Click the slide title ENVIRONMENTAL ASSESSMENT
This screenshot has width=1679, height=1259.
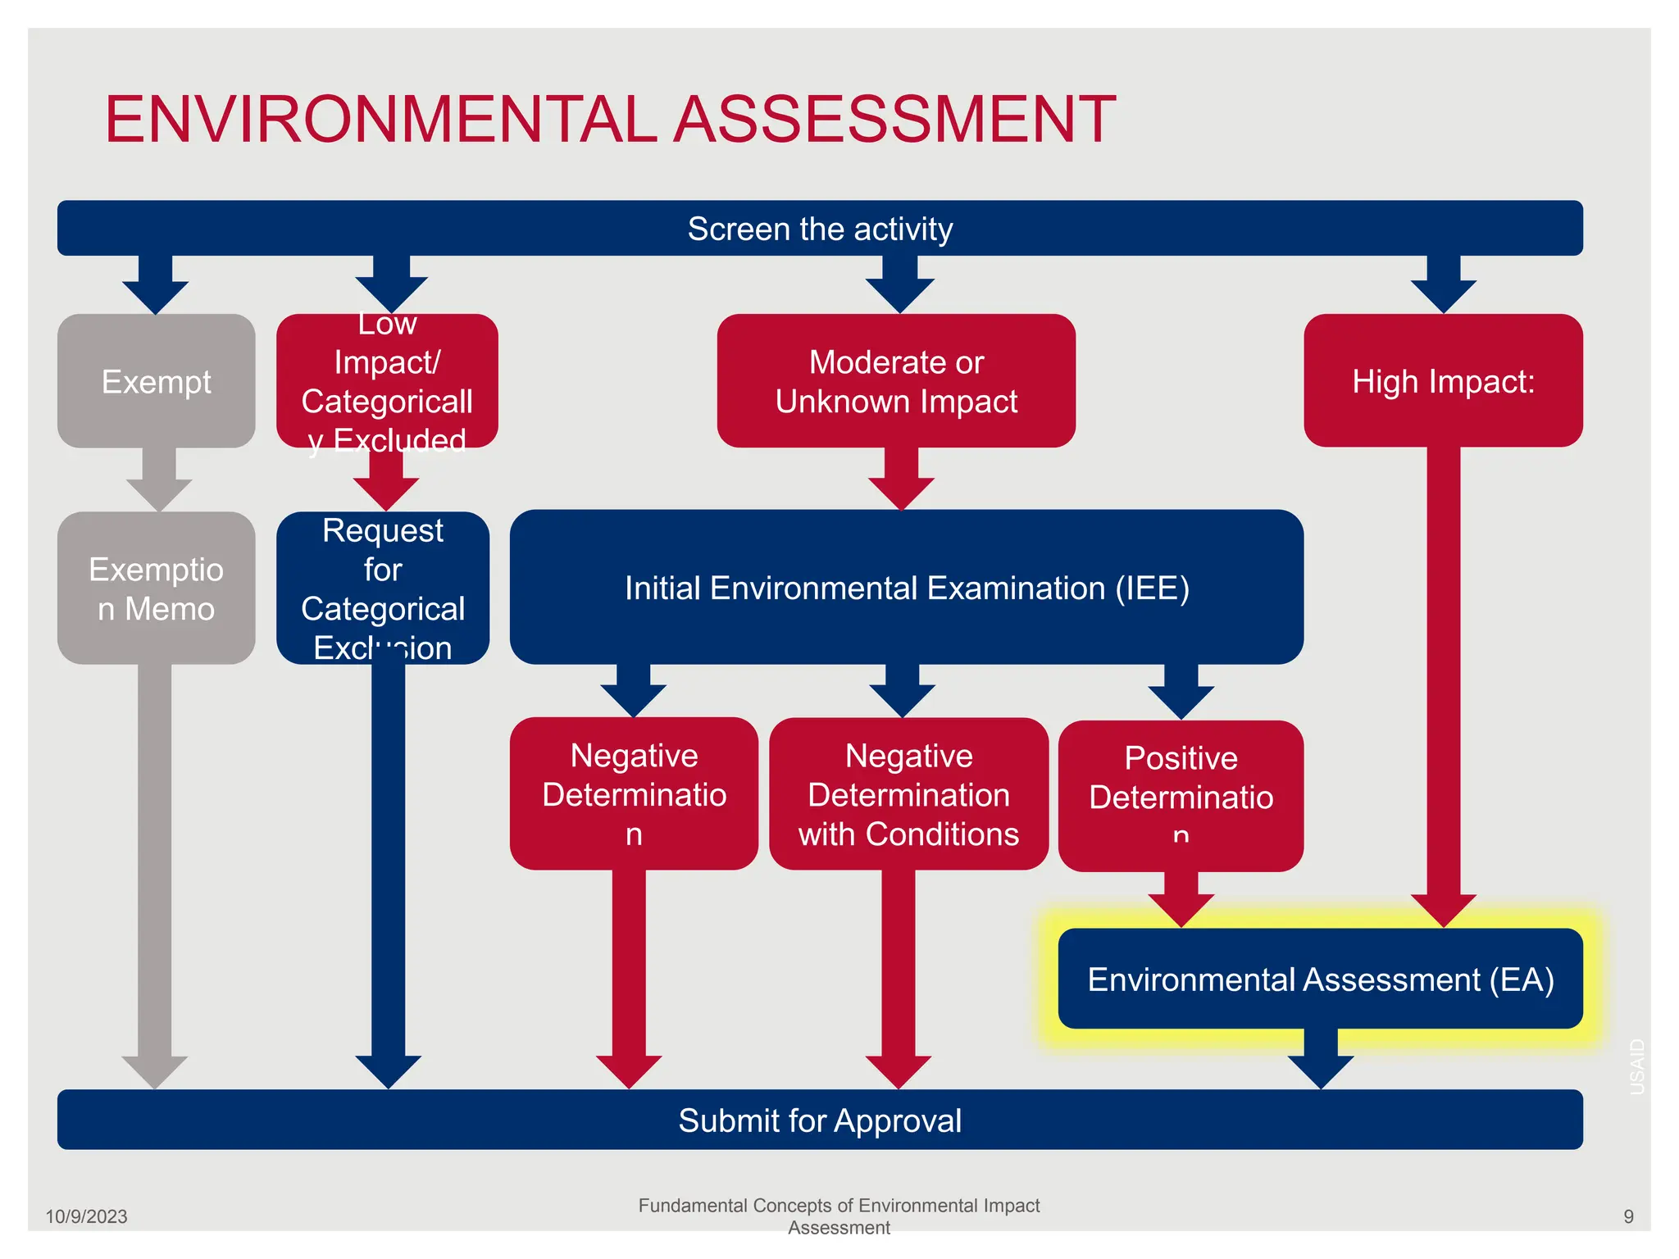[x=610, y=120]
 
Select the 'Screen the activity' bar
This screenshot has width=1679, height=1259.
[x=820, y=229]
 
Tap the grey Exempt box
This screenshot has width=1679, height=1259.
[x=156, y=381]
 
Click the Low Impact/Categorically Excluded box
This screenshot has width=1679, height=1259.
[x=387, y=382]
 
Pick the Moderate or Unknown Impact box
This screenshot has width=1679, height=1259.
[x=896, y=381]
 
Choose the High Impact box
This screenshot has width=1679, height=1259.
[x=1443, y=381]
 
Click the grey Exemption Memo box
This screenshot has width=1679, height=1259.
[x=156, y=589]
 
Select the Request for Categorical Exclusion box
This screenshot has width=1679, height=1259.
[x=383, y=589]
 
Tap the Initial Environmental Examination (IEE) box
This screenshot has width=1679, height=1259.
[x=907, y=588]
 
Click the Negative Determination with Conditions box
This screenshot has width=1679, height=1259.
[x=908, y=794]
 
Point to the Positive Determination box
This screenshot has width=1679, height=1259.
[x=1181, y=796]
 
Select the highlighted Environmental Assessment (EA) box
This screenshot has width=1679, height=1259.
[x=1320, y=979]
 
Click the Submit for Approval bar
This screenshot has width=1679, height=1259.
[x=820, y=1120]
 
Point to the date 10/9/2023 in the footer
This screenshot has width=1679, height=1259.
[x=86, y=1216]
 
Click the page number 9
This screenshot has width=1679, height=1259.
[x=1628, y=1216]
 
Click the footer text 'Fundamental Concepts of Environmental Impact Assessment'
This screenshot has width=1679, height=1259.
[x=839, y=1216]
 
